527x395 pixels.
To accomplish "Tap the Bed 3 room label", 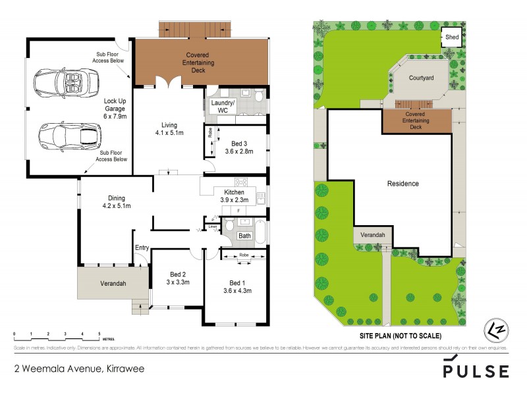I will click(239, 143).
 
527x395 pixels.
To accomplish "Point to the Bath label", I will click(244, 235).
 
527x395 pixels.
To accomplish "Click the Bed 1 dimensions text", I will click(237, 290).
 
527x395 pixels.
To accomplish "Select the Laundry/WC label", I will click(222, 107).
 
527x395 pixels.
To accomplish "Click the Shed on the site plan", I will click(452, 38).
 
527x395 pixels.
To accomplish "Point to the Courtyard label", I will click(421, 78).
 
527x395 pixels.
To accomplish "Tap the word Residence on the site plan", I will click(402, 184).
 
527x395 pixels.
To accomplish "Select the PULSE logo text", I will click(475, 371).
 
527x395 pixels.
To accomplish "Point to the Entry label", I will click(142, 248).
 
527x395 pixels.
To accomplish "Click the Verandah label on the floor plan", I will click(109, 284).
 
